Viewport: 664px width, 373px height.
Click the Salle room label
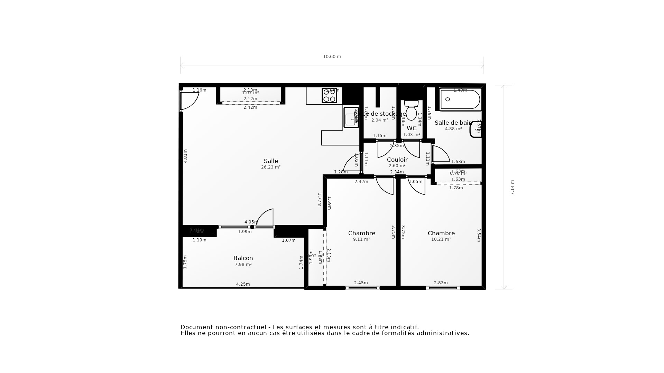click(271, 161)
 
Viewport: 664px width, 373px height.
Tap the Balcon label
click(243, 258)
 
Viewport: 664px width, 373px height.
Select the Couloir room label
click(397, 160)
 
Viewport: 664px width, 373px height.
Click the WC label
click(412, 128)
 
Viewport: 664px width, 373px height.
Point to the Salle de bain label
click(453, 123)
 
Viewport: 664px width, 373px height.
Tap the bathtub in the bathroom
click(460, 99)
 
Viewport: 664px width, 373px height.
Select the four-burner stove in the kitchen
click(329, 96)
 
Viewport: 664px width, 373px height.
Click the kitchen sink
click(351, 117)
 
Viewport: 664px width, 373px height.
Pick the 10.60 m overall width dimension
click(332, 57)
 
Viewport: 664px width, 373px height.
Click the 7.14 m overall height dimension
click(512, 187)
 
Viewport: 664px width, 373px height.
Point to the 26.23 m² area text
click(271, 167)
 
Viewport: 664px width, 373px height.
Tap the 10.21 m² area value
click(441, 239)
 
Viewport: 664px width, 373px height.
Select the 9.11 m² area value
click(361, 239)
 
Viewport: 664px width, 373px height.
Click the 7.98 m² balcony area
click(243, 265)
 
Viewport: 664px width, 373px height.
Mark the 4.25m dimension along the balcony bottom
click(243, 284)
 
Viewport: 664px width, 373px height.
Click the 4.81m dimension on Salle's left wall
click(185, 156)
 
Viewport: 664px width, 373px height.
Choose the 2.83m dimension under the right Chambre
click(441, 283)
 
